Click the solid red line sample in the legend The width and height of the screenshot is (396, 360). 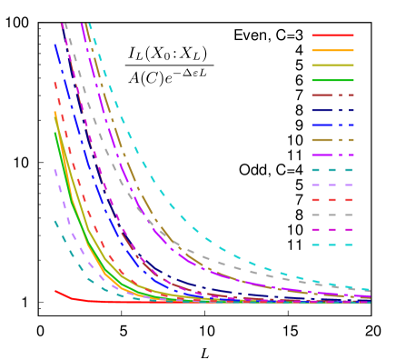[332, 35]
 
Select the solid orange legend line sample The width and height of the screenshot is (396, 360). [332, 50]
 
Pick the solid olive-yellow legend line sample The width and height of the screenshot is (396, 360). [332, 65]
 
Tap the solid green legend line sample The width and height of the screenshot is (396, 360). [332, 80]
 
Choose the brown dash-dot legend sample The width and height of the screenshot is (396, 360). [332, 95]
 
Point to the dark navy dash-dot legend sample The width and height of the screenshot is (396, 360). [332, 110]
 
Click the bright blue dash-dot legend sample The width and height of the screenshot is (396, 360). [332, 125]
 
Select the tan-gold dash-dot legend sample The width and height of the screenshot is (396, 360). [332, 140]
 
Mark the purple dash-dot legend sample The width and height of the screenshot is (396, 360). [332, 155]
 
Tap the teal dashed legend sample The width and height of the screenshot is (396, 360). [332, 170]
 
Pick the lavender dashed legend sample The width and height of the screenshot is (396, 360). [332, 185]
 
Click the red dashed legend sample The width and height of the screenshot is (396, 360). [332, 199]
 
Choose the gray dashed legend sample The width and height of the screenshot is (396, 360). [332, 215]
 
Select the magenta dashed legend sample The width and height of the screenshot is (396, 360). [332, 229]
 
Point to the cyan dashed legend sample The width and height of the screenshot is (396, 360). [332, 245]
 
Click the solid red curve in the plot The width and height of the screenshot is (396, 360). [73, 298]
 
